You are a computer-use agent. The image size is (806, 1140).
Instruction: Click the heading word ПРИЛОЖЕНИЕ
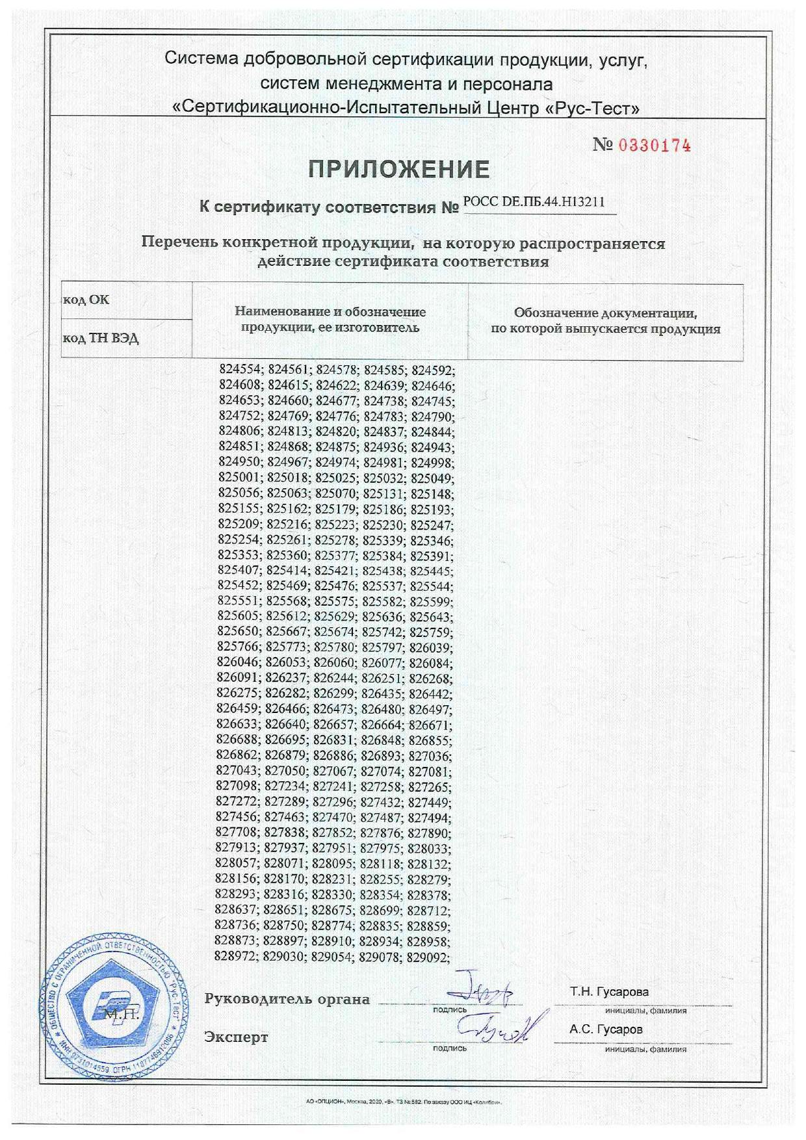[398, 170]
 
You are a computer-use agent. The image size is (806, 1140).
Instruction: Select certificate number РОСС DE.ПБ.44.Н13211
[534, 202]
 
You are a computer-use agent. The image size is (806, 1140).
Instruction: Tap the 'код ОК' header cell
[86, 300]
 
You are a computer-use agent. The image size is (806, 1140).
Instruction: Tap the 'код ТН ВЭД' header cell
[100, 339]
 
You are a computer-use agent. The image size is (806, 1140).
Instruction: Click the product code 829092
[428, 957]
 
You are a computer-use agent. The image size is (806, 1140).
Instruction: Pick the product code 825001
[239, 478]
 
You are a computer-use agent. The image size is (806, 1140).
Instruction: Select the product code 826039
[430, 648]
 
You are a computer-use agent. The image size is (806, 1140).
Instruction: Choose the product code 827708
[237, 833]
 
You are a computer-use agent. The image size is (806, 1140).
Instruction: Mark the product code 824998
[432, 463]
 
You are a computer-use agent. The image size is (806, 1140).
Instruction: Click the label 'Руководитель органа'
[287, 999]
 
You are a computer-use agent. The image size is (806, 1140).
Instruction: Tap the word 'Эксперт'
[235, 1037]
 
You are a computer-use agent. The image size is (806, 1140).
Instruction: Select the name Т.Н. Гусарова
[609, 992]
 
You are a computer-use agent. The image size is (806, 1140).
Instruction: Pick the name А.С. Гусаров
[606, 1030]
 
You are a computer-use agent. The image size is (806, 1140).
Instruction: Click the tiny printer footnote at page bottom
[403, 1102]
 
